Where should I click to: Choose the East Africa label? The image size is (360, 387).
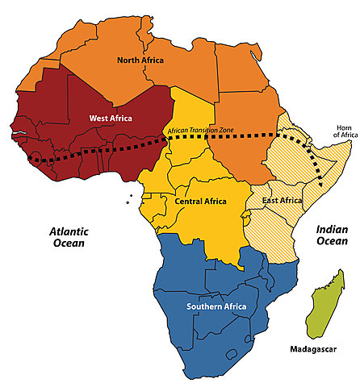(280, 200)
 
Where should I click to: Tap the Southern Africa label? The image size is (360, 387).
(216, 307)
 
